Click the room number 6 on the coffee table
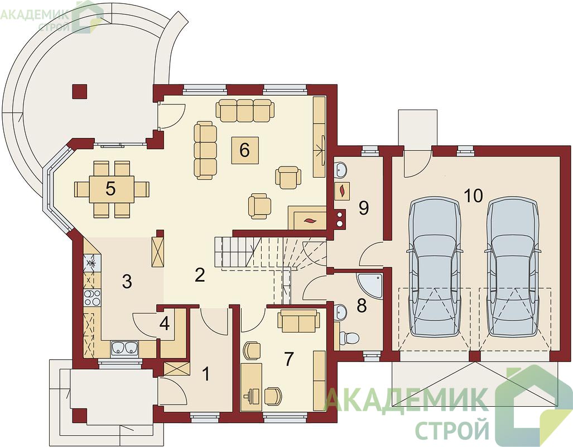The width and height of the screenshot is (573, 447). [x=244, y=150]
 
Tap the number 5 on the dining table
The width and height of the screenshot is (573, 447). [x=110, y=188]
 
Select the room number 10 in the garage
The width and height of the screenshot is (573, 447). [x=474, y=196]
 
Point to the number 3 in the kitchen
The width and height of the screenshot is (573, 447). [x=127, y=282]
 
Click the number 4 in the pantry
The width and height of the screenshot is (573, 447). [x=165, y=324]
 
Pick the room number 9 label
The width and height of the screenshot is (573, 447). [x=364, y=208]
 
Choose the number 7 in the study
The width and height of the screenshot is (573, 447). [x=288, y=359]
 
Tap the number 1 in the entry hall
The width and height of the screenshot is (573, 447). [x=206, y=374]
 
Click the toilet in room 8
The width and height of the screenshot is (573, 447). [x=347, y=337]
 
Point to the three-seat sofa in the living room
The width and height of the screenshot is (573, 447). [x=245, y=110]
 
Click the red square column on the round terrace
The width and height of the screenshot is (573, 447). [x=80, y=91]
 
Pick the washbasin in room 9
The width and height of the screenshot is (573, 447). [x=340, y=169]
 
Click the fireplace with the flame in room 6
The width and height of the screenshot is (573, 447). [x=307, y=218]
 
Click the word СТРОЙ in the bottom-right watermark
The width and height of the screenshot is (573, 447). [x=453, y=430]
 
